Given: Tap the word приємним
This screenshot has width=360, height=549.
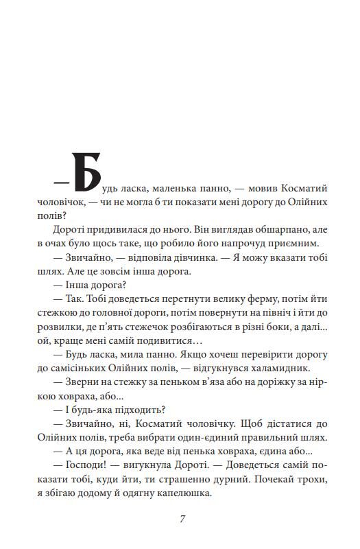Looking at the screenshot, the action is point(296,243).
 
